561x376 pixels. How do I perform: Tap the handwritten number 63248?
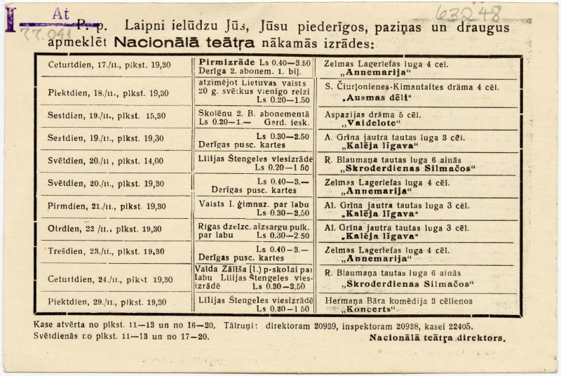[468, 13]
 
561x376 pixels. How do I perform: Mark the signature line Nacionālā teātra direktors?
[437, 337]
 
